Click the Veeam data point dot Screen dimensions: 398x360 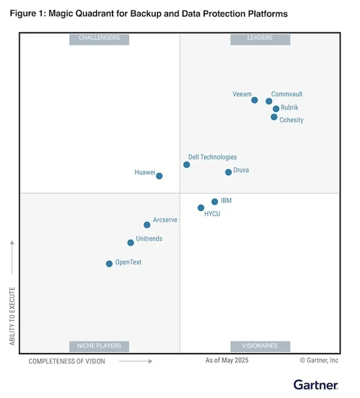tap(254, 100)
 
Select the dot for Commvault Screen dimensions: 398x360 tap(269, 101)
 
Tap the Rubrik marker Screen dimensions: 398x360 tap(276, 109)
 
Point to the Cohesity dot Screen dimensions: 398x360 tap(274, 117)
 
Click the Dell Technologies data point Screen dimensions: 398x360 tap(186, 165)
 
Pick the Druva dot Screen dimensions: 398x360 tap(228, 172)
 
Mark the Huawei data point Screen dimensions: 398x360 tap(159, 176)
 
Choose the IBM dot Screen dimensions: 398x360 tap(215, 202)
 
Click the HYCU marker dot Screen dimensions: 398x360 tap(201, 208)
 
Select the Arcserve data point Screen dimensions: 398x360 tap(147, 225)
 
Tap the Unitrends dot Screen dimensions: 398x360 tap(130, 243)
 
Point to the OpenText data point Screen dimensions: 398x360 tap(109, 264)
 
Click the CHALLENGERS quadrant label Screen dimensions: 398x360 tap(99, 38)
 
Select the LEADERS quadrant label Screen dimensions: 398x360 tap(260, 38)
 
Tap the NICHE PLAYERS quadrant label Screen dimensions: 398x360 tap(99, 346)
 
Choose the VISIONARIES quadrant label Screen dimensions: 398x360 tap(260, 346)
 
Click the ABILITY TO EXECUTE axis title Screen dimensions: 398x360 tap(12, 316)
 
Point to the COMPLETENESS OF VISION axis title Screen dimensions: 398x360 tap(67, 361)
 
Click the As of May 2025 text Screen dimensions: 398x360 tap(227, 360)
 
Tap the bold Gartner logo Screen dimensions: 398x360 tap(316, 385)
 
